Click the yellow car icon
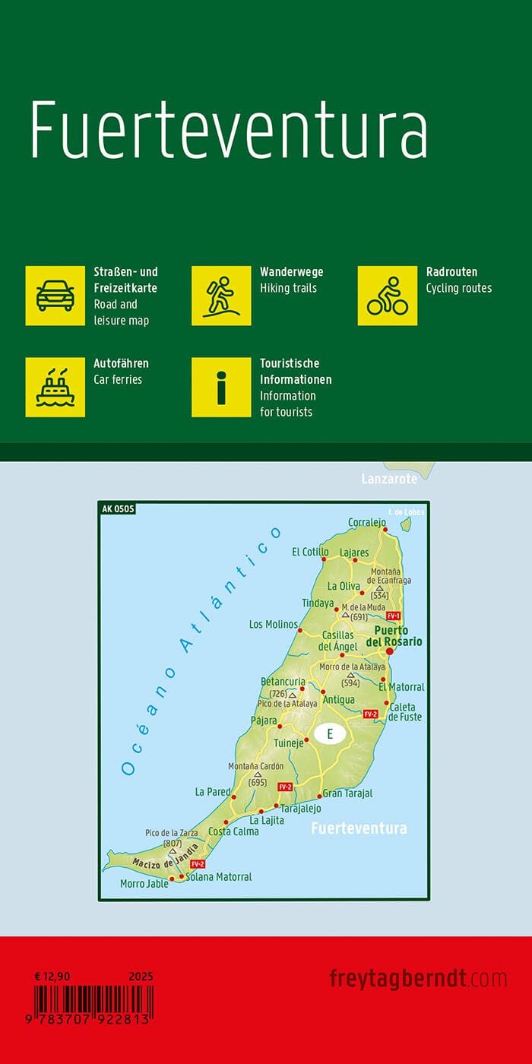coord(55,296)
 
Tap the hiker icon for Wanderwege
coord(221,296)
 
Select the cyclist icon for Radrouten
coord(388,296)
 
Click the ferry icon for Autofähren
coord(55,387)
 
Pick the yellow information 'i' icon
coord(221,387)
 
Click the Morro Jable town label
coord(144,884)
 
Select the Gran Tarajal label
coord(347,793)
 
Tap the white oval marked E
coord(330,734)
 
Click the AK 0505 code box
coord(117,509)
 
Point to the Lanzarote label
coord(389,479)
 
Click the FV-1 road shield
coord(393,616)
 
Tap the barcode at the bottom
coord(93,1002)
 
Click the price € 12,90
coord(52,976)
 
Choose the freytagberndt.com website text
coord(418,978)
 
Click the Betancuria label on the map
coord(283,682)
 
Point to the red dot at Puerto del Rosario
coord(389,651)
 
